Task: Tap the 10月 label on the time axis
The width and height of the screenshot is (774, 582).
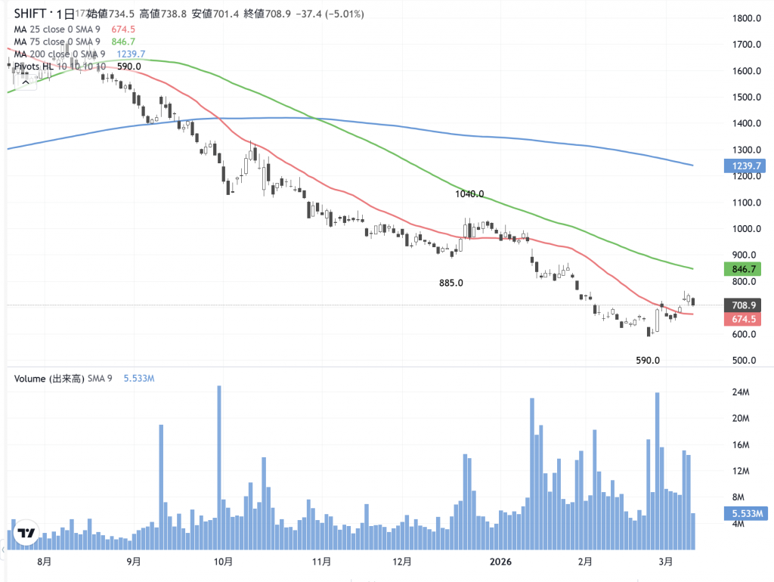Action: (x=222, y=562)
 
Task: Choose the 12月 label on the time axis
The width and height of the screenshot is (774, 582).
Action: (x=402, y=562)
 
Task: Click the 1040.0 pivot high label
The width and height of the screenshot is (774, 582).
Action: (x=469, y=194)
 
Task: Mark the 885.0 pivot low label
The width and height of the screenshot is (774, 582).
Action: (x=450, y=283)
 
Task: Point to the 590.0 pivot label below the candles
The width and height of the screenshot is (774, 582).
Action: (x=647, y=361)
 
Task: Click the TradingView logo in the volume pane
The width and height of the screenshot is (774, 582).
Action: (x=26, y=533)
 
